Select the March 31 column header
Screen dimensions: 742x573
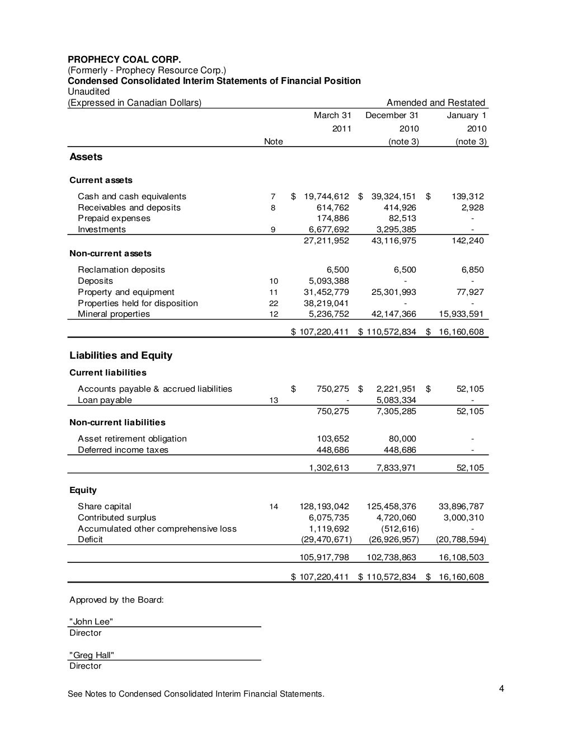click(x=332, y=115)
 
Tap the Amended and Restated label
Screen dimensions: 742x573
click(x=436, y=102)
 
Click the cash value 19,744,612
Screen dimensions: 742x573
click(x=326, y=196)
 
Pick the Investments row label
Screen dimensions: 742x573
click(x=102, y=229)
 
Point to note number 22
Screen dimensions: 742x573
click(x=273, y=303)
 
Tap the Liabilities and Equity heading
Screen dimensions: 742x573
click(x=121, y=355)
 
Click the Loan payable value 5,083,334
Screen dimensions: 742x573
click(x=396, y=400)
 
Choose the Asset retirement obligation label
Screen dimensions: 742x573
click(x=132, y=439)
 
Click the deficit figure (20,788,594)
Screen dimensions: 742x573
click(x=461, y=539)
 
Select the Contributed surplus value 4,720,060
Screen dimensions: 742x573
click(x=396, y=518)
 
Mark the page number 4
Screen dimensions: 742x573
click(x=502, y=688)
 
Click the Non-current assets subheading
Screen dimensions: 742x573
click(x=110, y=253)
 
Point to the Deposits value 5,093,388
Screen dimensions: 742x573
click(x=329, y=281)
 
